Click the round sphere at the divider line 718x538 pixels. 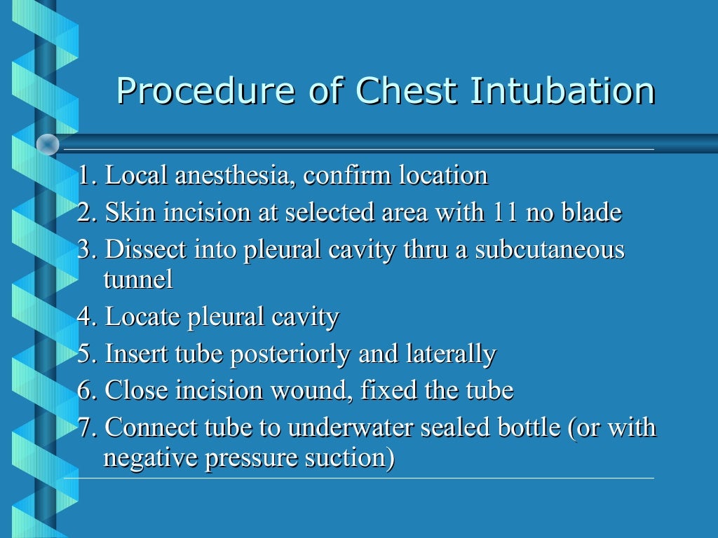[x=48, y=144]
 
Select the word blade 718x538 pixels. [x=591, y=212]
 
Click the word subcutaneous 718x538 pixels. [x=550, y=250]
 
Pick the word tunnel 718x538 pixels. [x=137, y=280]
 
